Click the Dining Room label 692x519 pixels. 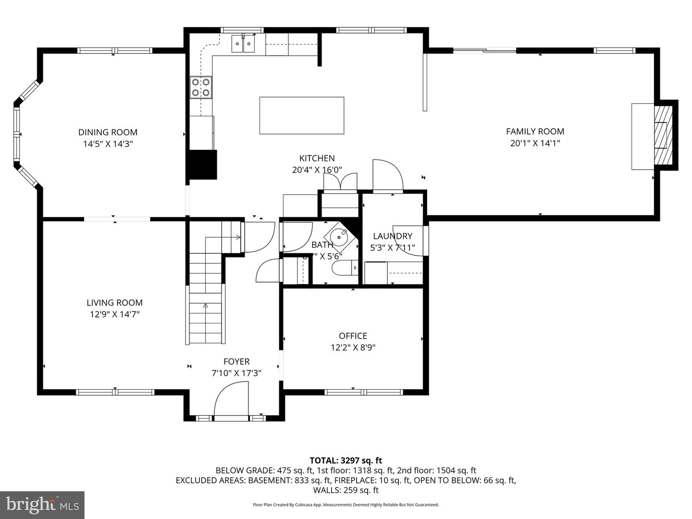tap(108, 132)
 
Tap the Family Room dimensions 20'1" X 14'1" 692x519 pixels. tap(535, 143)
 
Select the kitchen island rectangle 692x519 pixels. tap(301, 115)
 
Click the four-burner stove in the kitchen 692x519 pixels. tap(201, 87)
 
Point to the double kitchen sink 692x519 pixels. tap(243, 44)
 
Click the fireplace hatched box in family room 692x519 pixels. tap(664, 135)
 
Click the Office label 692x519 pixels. tap(353, 336)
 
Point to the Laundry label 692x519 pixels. tap(393, 236)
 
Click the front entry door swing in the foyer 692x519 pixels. tap(231, 400)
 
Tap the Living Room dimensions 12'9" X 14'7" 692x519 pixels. tap(114, 314)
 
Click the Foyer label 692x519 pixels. tap(236, 361)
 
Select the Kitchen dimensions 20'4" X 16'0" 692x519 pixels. tap(317, 170)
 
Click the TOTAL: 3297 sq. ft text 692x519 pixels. tap(346, 460)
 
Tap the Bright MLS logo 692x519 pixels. tap(42, 505)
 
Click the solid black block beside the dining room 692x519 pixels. tap(203, 164)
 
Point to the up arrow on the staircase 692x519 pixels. tap(206, 306)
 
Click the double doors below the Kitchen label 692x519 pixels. tap(340, 182)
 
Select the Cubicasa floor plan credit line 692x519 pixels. tap(346, 505)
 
